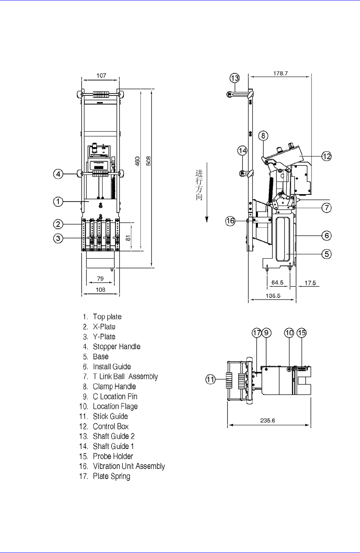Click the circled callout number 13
pos(235,78)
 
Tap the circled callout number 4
pos(58,174)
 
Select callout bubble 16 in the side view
pos(230,221)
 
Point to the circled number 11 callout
pos(211,379)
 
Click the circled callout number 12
pos(326,156)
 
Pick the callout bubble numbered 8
pos(263,136)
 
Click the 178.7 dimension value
pos(280,73)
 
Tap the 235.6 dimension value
pos(268,420)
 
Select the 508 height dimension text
pos(149,161)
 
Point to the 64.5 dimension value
pos(278,282)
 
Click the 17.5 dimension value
pos(310,283)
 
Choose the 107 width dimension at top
pos(101,75)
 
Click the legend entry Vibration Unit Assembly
pos(129,466)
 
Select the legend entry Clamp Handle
pos(114,387)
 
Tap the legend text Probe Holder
pos(113,456)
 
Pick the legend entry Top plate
pos(107,317)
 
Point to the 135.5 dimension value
pos(273,295)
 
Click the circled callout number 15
pos(302,333)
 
